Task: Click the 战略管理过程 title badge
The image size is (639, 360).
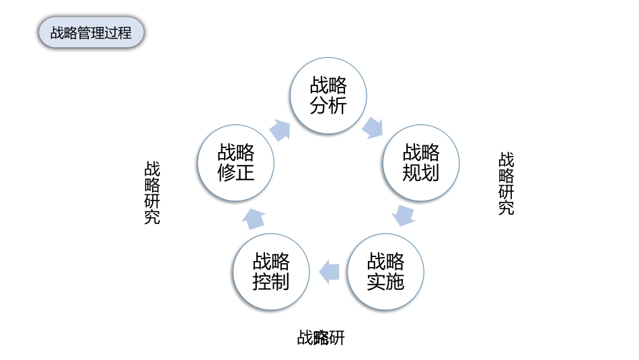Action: pyautogui.click(x=91, y=32)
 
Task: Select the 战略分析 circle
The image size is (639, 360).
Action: pyautogui.click(x=328, y=95)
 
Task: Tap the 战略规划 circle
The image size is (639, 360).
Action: pyautogui.click(x=421, y=162)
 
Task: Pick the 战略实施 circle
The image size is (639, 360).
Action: pyautogui.click(x=385, y=271)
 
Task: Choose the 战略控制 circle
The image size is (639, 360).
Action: pyautogui.click(x=271, y=271)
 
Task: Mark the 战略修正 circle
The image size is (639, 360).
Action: pyautogui.click(x=235, y=162)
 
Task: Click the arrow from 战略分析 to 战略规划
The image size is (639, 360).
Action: pyautogui.click(x=372, y=127)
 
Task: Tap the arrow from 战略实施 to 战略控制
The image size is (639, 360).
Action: pyautogui.click(x=328, y=271)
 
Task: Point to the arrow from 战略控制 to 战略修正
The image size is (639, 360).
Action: pyautogui.click(x=254, y=218)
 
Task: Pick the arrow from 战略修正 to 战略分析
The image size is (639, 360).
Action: pyautogui.click(x=279, y=129)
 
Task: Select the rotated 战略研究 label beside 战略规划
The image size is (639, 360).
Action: pyautogui.click(x=506, y=183)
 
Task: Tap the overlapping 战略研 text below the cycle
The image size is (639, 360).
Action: pyautogui.click(x=321, y=337)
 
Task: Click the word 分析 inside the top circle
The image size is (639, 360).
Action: pyautogui.click(x=328, y=106)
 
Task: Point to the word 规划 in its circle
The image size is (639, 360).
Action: pyautogui.click(x=421, y=173)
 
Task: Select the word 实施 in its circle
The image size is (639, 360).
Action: pyautogui.click(x=385, y=282)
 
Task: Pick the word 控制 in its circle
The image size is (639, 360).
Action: pyautogui.click(x=271, y=282)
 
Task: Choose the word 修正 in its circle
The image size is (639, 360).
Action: pyautogui.click(x=235, y=173)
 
